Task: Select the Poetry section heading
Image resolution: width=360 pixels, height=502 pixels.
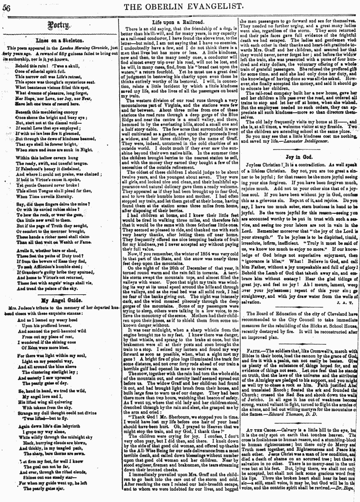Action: [x=59, y=25]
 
